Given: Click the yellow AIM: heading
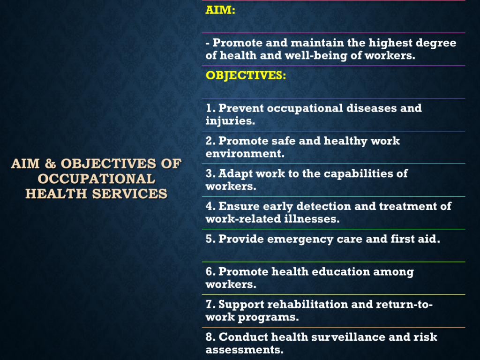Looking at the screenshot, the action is [x=220, y=10].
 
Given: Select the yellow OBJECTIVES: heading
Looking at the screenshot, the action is [x=246, y=75].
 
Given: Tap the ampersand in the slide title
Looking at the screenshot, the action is [x=50, y=164].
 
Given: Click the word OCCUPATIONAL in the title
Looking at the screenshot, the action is [x=97, y=179].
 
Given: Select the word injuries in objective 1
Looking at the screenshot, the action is [x=230, y=121].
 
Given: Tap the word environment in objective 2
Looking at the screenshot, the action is [x=245, y=153].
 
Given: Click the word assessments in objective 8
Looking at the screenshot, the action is [x=244, y=350].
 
